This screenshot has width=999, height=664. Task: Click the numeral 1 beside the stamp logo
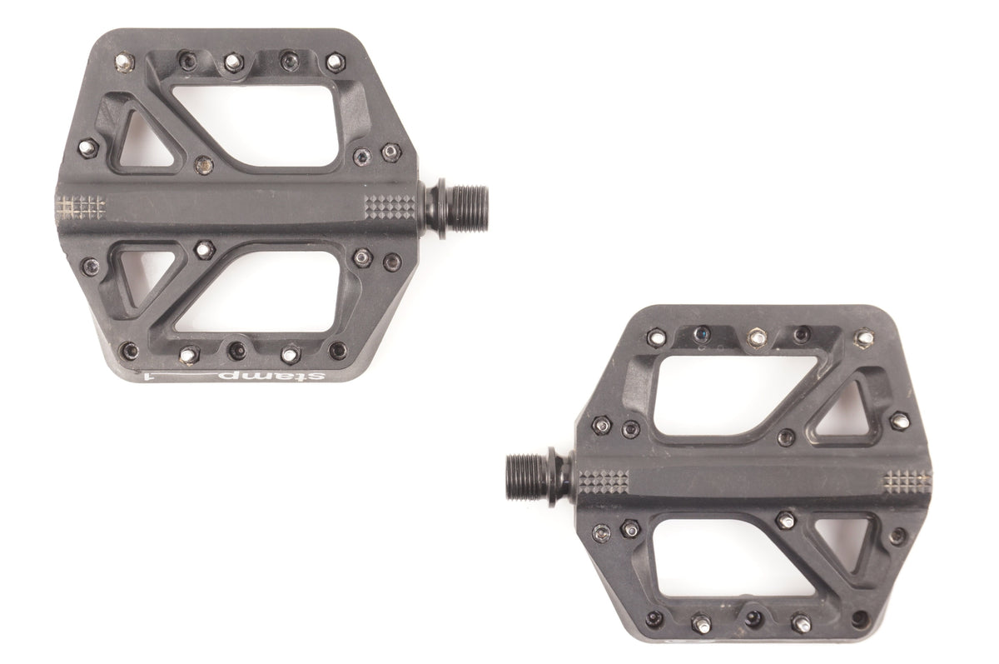point(151,377)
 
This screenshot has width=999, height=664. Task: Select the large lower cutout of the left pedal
point(259,292)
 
